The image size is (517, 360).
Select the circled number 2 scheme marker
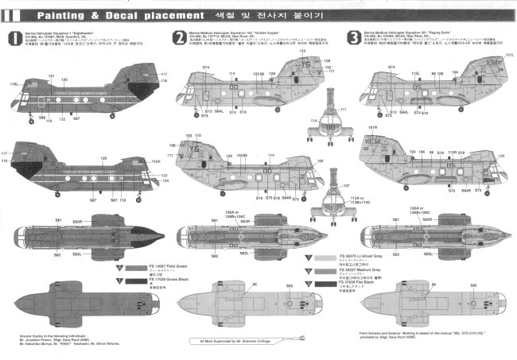pos(179,37)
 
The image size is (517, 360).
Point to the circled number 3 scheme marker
pos(353,37)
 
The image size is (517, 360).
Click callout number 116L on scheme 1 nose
pos(14,83)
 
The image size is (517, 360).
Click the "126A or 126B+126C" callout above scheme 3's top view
pos(398,214)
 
